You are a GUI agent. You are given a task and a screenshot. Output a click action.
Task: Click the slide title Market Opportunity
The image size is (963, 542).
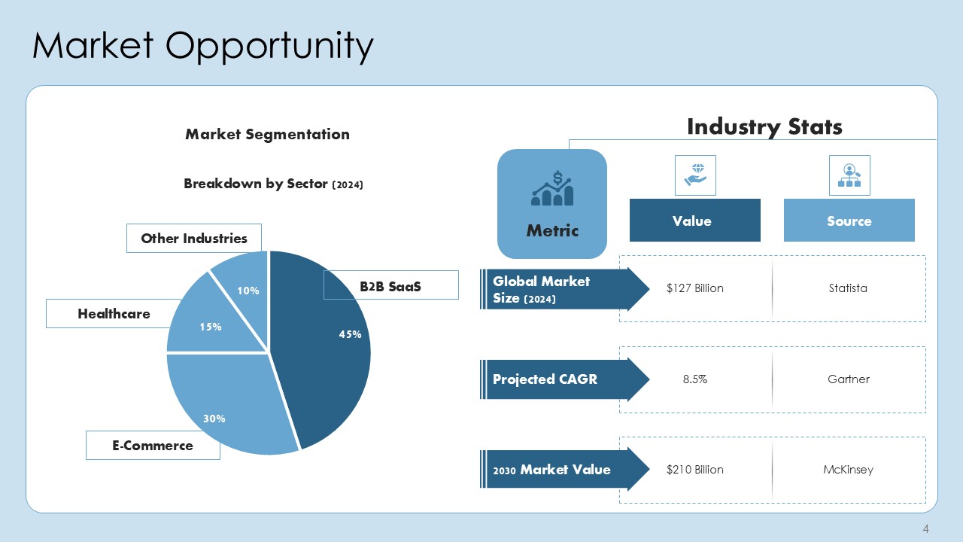pos(203,46)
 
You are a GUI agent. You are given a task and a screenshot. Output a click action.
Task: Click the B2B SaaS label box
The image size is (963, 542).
pos(390,285)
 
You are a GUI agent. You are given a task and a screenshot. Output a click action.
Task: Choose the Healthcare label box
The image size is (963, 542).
pos(114,313)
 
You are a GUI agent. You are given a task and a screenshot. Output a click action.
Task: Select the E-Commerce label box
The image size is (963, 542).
pos(153,445)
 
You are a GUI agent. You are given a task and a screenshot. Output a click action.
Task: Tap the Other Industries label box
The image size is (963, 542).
pos(193,238)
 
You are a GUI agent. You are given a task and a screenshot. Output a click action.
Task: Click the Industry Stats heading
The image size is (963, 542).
pos(764,126)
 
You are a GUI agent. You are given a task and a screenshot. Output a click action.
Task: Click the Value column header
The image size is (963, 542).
pos(694,221)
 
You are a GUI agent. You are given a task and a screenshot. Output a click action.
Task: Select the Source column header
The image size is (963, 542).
pos(849,221)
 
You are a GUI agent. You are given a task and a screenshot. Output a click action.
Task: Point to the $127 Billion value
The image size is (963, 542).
pos(694,288)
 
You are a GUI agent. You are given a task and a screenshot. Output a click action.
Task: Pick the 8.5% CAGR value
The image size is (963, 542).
pos(694,379)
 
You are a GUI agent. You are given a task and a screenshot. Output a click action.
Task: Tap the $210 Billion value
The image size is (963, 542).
pos(694,470)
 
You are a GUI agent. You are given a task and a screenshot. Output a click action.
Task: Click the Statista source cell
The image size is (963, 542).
pos(848,288)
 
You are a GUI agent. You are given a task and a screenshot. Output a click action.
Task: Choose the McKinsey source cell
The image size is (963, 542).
pos(848,470)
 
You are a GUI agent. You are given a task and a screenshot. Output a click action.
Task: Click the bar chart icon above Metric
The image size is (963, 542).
pos(552,190)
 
